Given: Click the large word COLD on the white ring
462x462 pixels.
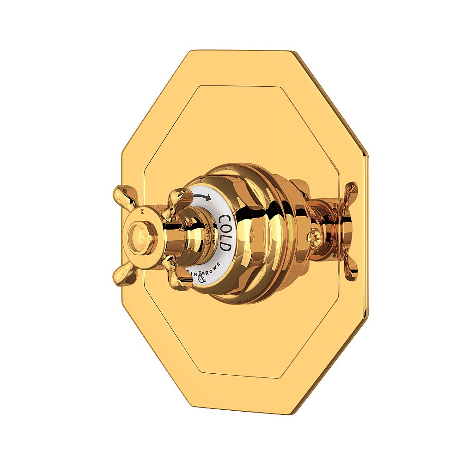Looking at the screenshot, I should [x=225, y=233].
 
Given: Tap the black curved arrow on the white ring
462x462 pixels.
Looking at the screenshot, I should [x=202, y=197].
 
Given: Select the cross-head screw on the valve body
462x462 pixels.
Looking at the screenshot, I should [x=315, y=239].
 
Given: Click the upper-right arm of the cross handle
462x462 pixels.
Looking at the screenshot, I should [x=180, y=198].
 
